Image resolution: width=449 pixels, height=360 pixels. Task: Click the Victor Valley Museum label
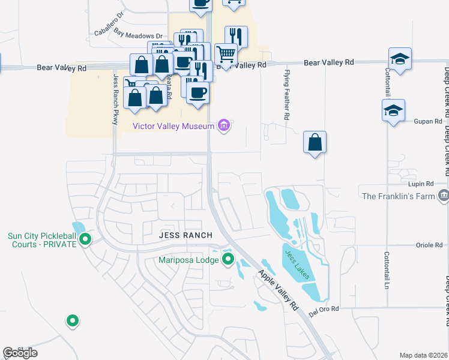[x=173, y=126]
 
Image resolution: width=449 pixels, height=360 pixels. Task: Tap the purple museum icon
[x=224, y=126]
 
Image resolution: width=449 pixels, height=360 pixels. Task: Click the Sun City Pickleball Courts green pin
[x=85, y=239]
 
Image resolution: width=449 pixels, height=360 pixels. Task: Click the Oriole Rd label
[x=429, y=245]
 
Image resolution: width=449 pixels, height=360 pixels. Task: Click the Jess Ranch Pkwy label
[x=115, y=99]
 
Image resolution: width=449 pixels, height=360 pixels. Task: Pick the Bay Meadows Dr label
[x=138, y=36]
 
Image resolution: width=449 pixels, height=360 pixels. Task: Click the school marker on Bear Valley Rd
[x=400, y=59]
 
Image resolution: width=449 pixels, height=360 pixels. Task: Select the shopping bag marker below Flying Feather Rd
[x=315, y=143]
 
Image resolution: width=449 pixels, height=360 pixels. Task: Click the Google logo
[x=20, y=353]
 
